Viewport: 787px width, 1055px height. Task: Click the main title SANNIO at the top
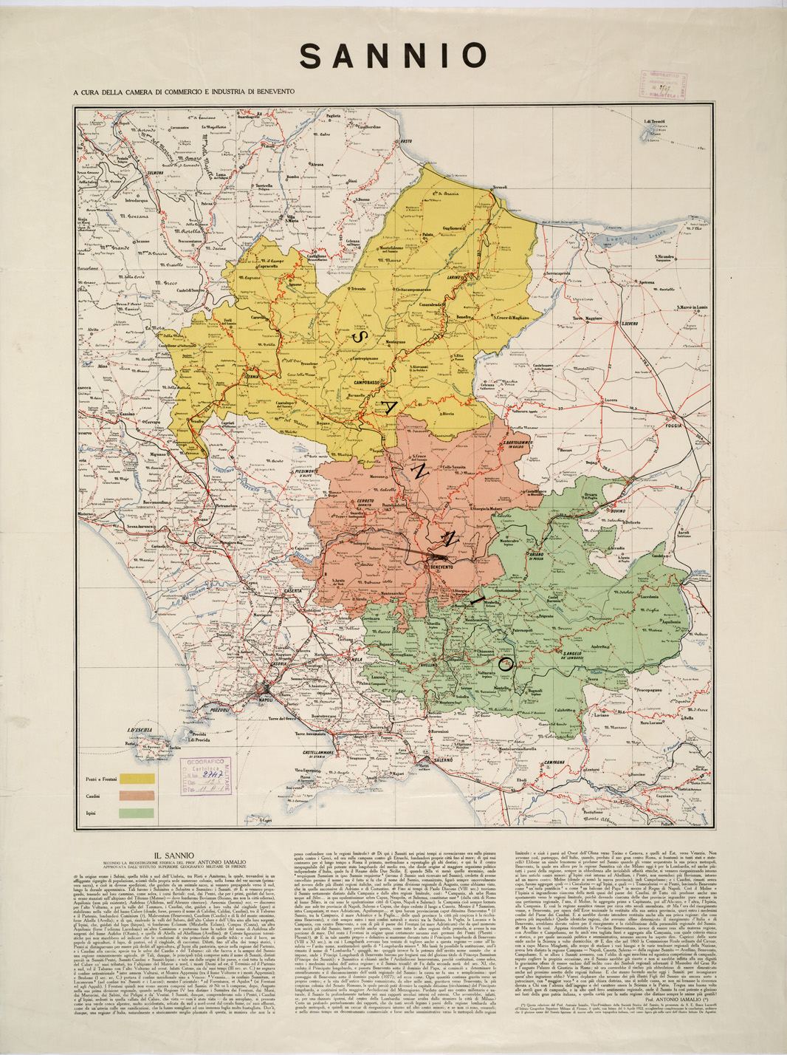(x=394, y=56)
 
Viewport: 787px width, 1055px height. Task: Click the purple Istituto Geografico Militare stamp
(x=204, y=774)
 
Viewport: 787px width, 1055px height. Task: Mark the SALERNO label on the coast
(x=438, y=760)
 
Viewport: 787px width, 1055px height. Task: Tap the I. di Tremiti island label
(x=655, y=121)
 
